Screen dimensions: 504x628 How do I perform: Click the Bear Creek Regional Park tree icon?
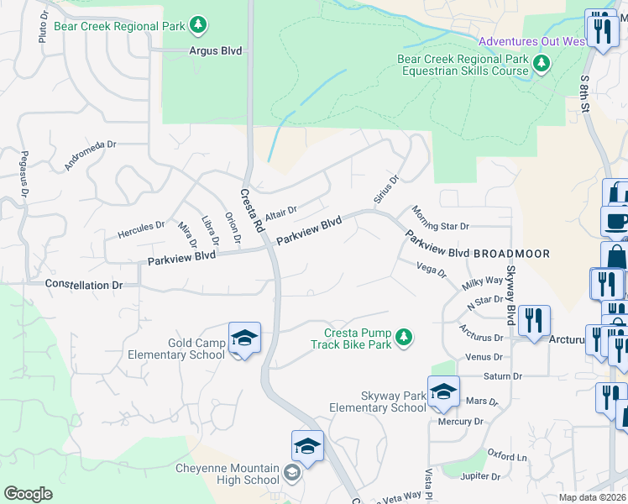[197, 26]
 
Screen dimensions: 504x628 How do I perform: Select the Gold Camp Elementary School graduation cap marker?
[244, 339]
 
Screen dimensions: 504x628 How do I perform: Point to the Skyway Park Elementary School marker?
[443, 391]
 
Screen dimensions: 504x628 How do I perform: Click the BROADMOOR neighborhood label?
[511, 253]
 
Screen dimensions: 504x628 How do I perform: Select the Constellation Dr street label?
[84, 286]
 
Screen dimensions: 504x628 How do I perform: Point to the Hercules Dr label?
[141, 227]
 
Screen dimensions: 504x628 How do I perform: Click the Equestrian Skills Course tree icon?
[542, 62]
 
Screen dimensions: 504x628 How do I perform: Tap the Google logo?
[28, 494]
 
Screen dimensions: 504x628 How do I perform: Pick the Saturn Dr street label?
[502, 376]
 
